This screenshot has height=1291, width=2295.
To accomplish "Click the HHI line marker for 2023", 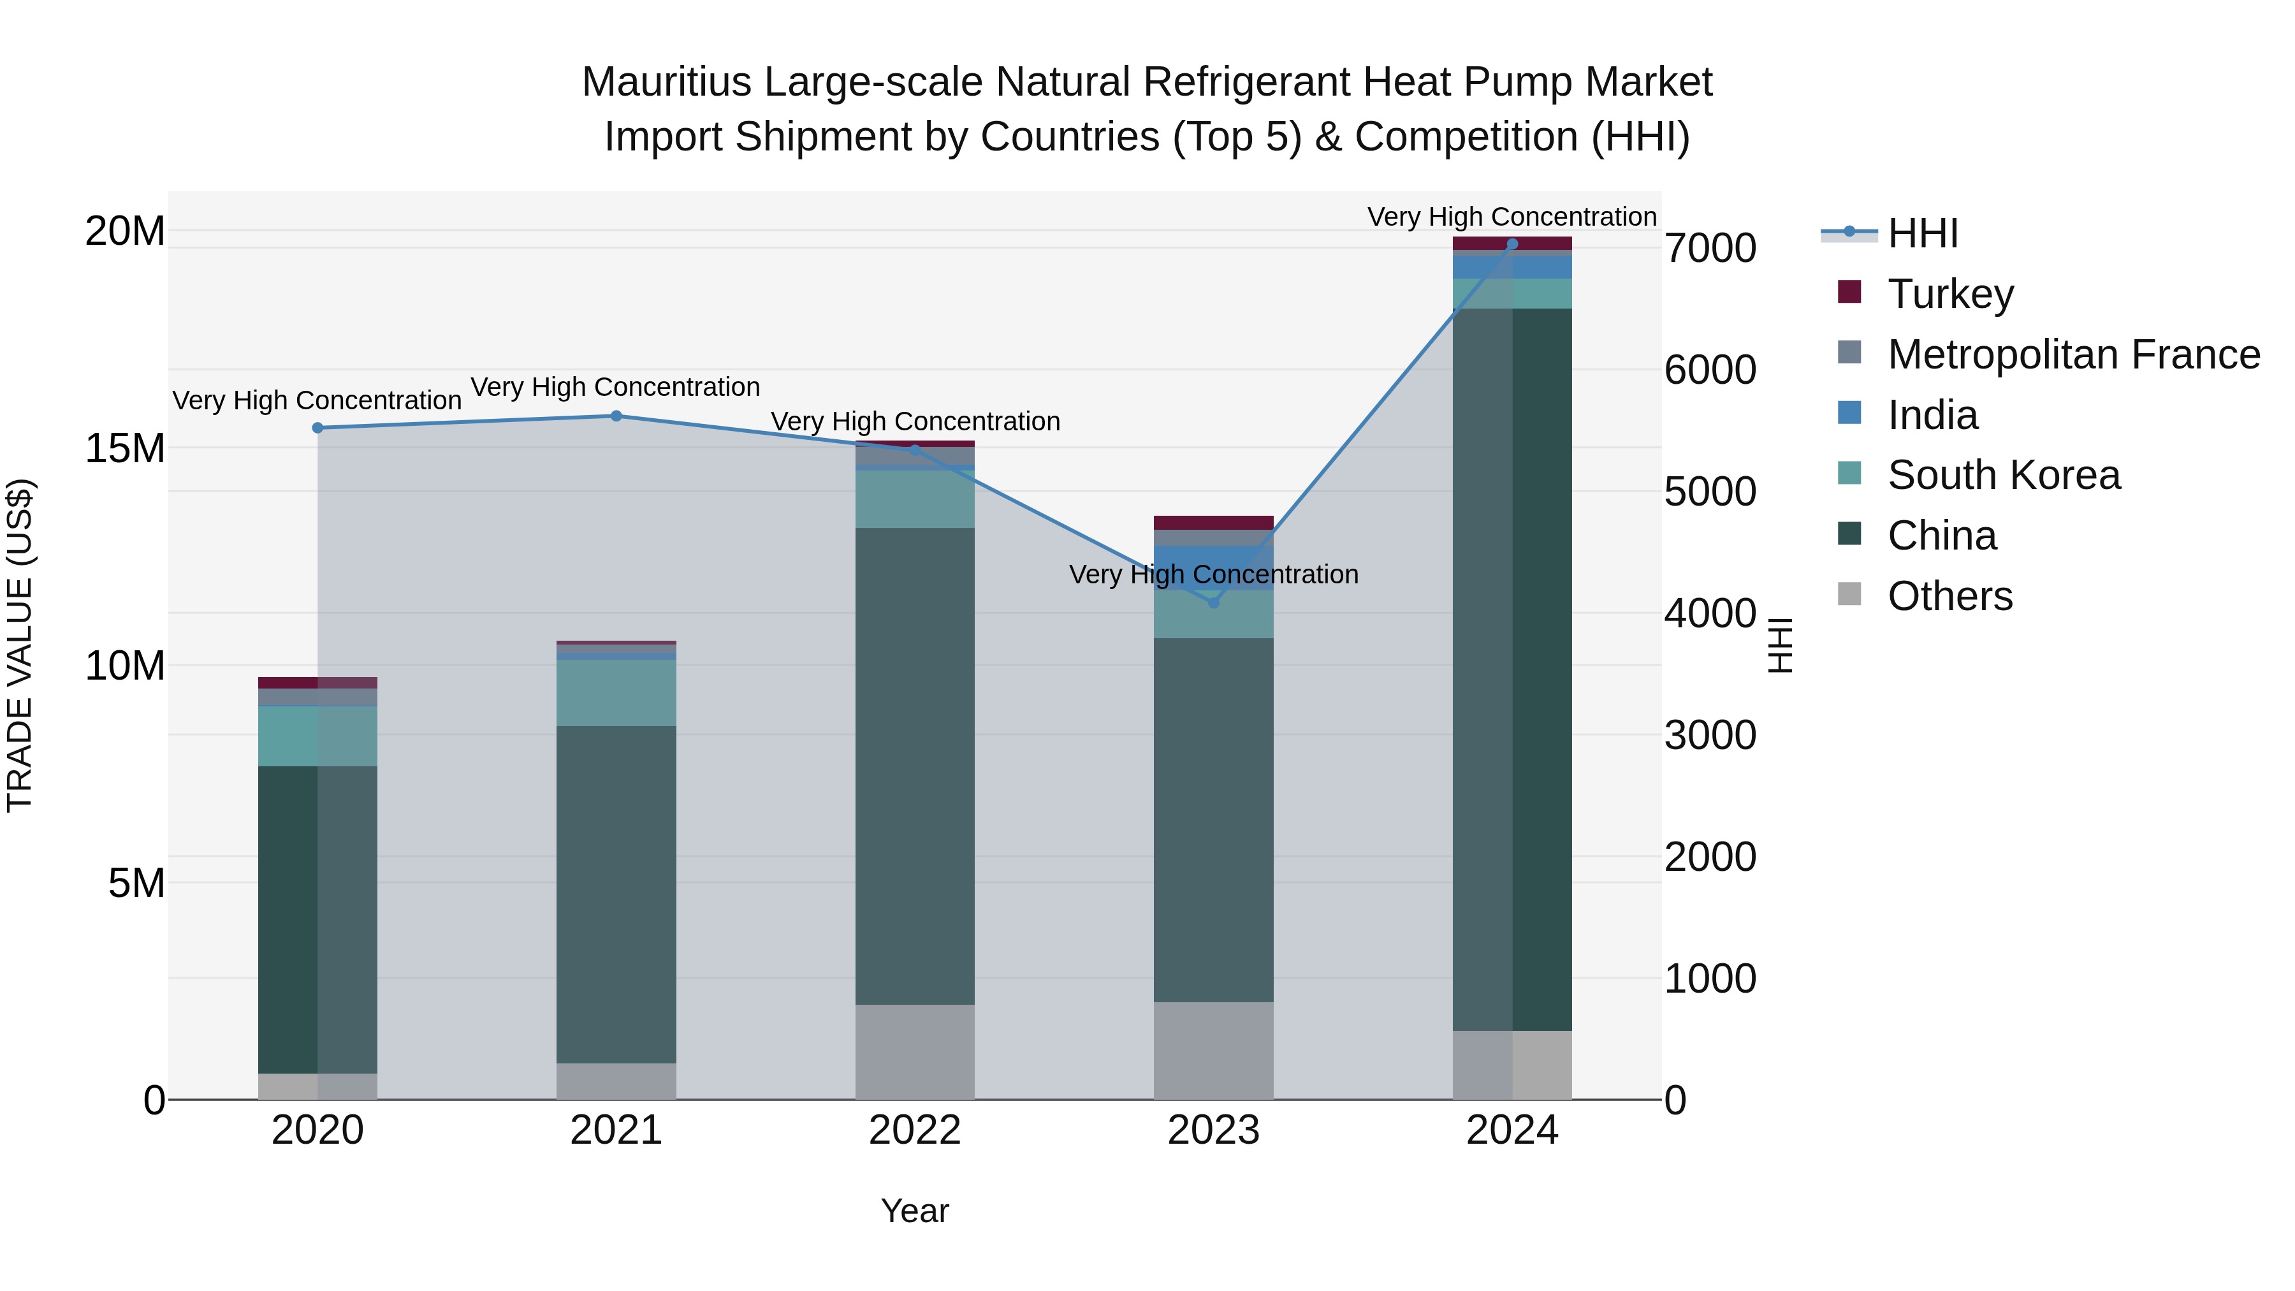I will pos(1213,603).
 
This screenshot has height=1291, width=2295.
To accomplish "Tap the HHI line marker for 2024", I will pos(1512,244).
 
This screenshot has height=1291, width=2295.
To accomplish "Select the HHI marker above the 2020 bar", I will pos(317,428).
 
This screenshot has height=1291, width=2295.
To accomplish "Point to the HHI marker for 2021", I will pos(616,416).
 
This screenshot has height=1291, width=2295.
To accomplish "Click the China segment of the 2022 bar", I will pos(914,766).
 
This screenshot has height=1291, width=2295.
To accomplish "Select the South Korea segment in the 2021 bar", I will pos(616,693).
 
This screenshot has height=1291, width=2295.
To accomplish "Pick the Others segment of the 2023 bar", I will pos(1213,1051).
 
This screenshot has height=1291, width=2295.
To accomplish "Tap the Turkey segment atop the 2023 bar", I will pos(1213,523).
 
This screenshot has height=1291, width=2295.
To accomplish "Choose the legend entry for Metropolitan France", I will pos(2073,354).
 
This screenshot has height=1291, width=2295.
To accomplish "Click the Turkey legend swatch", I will pos(1849,292).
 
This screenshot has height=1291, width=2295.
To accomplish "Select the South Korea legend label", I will pos(2004,476).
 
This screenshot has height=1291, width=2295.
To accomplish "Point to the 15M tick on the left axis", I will pos(125,448).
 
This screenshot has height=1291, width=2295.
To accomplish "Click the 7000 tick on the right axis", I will pos(1710,249).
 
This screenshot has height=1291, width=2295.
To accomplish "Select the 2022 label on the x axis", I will pos(914,1130).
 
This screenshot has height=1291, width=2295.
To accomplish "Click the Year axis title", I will pos(914,1211).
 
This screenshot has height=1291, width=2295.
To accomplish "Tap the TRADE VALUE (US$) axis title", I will pos(20,645).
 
